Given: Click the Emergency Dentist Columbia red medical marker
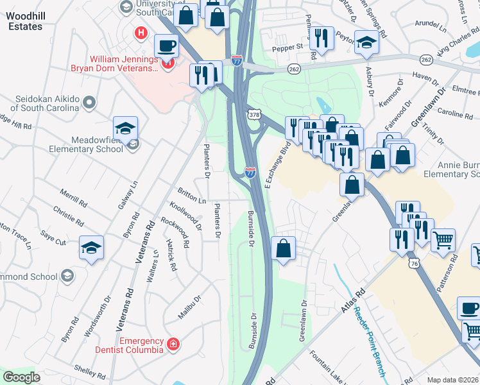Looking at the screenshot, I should pyautogui.click(x=172, y=345).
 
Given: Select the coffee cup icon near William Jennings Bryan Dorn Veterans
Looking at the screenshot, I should pyautogui.click(x=166, y=46).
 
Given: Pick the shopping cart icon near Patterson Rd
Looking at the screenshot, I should pyautogui.click(x=443, y=241).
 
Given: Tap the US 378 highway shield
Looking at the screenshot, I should pyautogui.click(x=255, y=114).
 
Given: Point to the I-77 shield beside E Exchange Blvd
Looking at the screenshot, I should pyautogui.click(x=250, y=172).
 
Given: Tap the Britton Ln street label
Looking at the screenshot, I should pyautogui.click(x=192, y=197).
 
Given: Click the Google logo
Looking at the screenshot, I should pyautogui.click(x=21, y=377).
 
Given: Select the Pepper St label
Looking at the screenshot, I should pyautogui.click(x=288, y=47).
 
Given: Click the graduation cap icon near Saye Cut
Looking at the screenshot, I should pyautogui.click(x=91, y=247).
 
